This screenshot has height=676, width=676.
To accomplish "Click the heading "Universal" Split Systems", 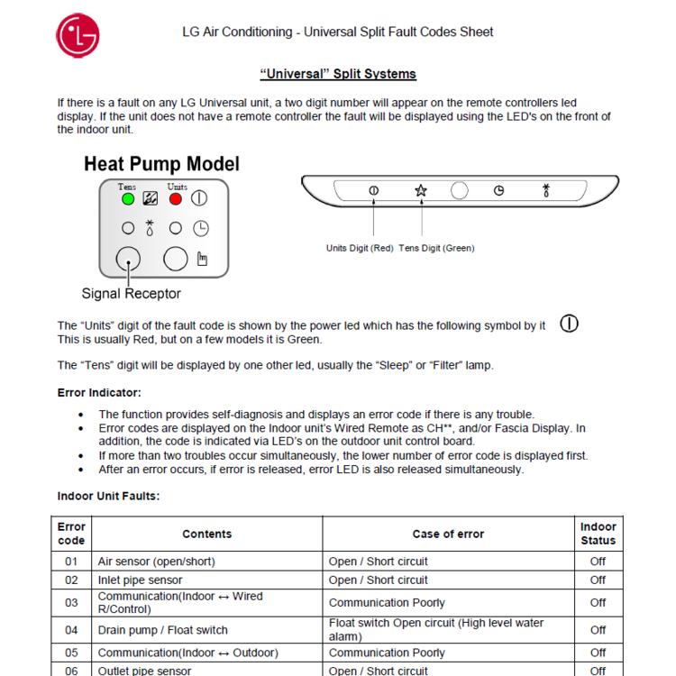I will [338, 74].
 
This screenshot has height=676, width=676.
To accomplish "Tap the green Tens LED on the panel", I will [128, 198].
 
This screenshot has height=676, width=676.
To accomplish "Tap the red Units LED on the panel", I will [176, 198].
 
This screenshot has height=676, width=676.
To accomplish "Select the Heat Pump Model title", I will [161, 164].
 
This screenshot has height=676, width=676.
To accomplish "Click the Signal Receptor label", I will [131, 294].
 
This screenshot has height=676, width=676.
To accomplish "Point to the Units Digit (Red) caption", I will [359, 248].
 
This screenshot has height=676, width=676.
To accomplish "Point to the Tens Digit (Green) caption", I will [436, 248].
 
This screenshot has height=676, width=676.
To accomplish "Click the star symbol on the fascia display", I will [421, 191].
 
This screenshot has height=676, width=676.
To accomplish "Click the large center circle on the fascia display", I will [460, 191].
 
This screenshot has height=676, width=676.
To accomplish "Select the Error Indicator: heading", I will [99, 393].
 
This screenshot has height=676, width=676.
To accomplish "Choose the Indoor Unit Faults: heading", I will [108, 497].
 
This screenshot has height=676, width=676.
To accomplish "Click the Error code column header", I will [71, 534].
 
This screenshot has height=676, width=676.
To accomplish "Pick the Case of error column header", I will [448, 534].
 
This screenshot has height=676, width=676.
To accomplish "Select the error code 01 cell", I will [71, 562].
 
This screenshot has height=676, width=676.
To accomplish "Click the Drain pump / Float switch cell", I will [162, 630].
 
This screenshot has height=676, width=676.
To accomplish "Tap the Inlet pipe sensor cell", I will [140, 580].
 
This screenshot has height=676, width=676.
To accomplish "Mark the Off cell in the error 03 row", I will [598, 603].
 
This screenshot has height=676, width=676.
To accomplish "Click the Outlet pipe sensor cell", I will [144, 671].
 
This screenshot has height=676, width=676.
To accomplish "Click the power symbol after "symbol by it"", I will [569, 324].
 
